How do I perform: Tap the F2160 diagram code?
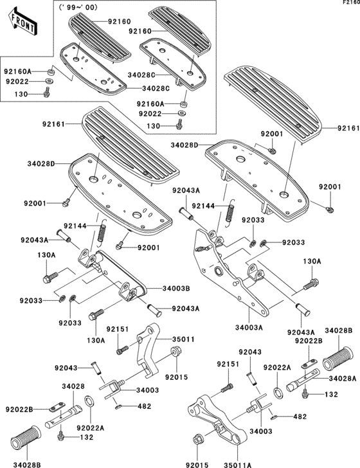click(349, 3)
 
